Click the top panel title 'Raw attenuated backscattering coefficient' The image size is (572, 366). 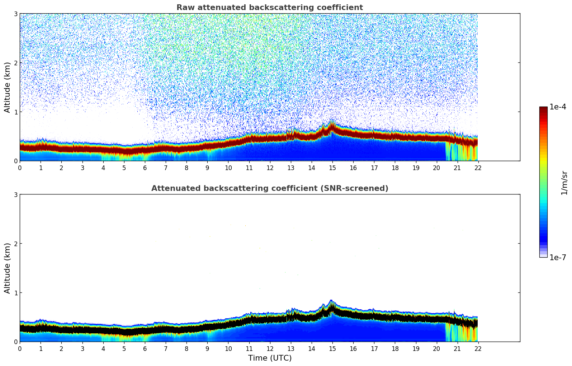point(269,8)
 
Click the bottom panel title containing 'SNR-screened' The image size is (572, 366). point(269,188)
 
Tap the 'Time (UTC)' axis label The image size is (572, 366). point(270,358)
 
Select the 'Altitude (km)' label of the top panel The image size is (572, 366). point(7,87)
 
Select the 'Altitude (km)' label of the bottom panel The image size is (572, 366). point(7,268)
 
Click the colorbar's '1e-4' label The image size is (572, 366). point(558,107)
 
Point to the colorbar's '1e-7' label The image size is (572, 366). point(558,257)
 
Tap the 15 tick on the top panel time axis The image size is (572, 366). point(332,168)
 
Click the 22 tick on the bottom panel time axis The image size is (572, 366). point(478,348)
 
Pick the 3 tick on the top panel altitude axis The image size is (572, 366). point(16,14)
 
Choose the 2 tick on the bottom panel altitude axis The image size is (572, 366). point(16,244)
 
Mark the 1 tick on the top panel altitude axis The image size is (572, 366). point(16,112)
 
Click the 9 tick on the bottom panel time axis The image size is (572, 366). point(207,348)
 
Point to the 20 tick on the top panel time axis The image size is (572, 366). point(436,168)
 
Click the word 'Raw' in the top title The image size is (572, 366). point(184,8)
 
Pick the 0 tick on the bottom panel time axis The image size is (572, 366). point(20,348)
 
